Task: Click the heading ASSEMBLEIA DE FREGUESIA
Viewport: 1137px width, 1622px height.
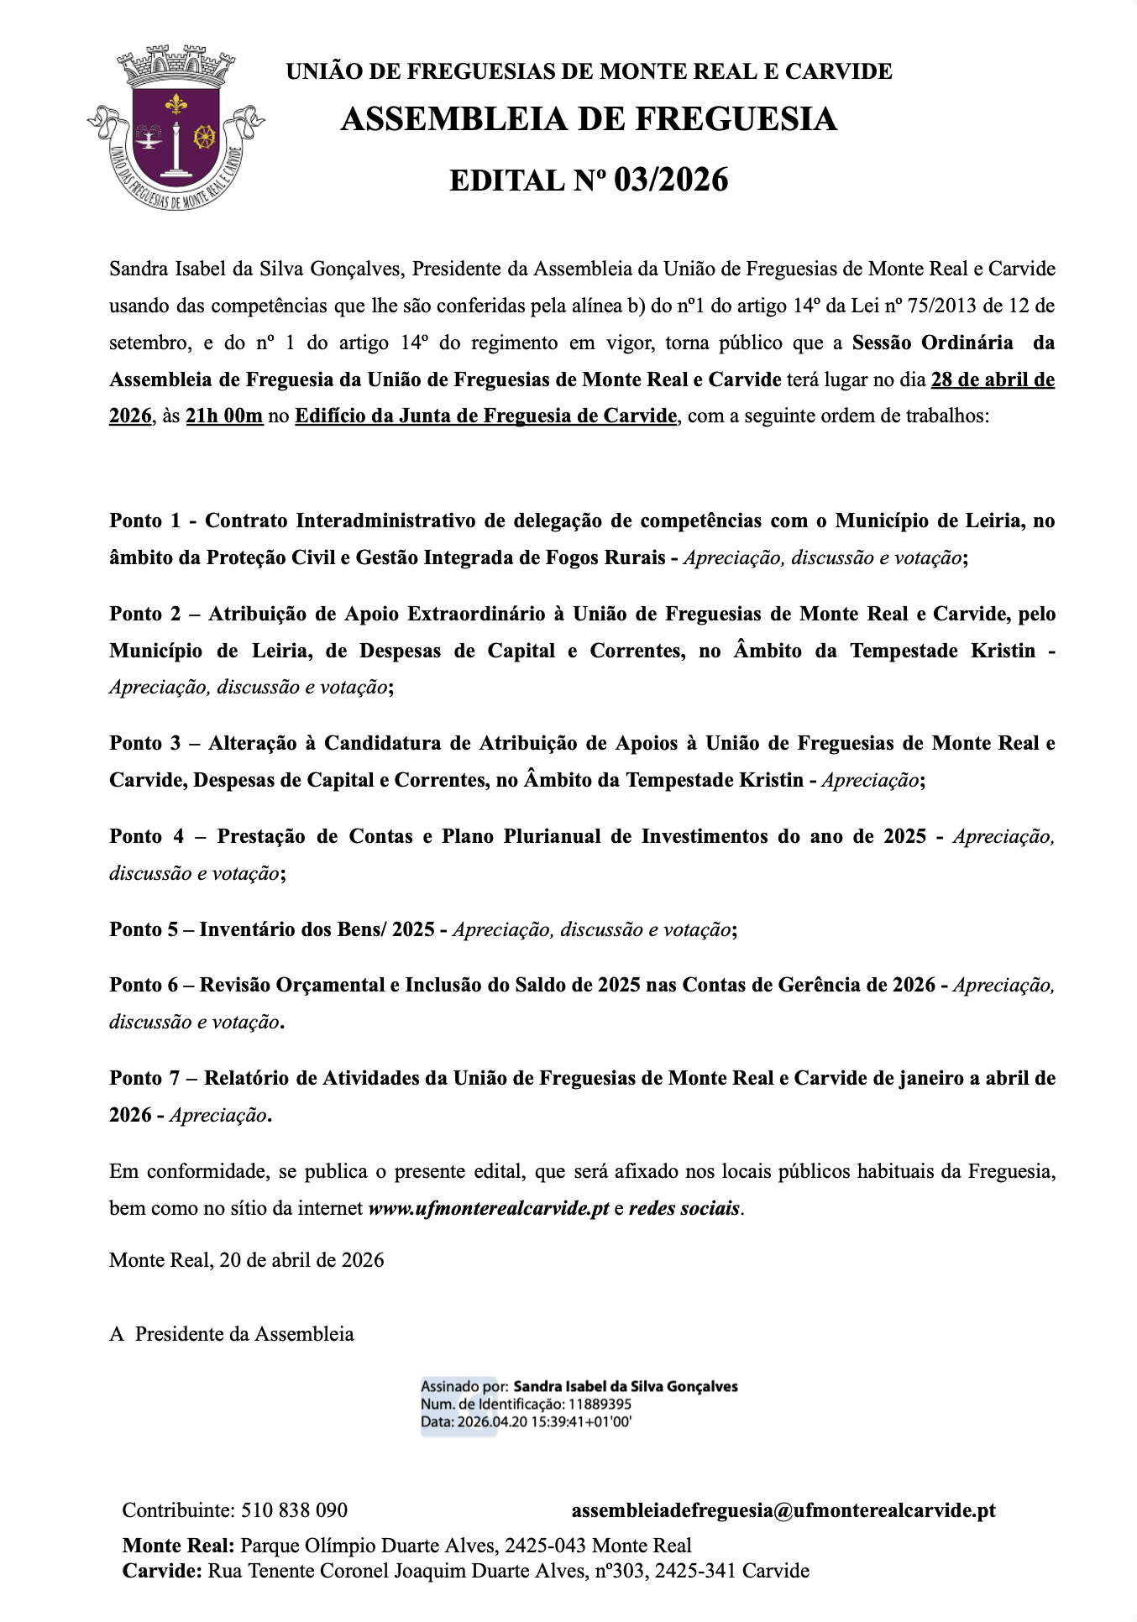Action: pyautogui.click(x=589, y=119)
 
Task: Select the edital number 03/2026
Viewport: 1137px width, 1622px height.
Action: pyautogui.click(x=671, y=181)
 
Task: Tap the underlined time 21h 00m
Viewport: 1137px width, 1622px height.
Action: pyautogui.click(x=224, y=416)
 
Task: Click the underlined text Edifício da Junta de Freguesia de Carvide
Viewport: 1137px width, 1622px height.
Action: pyautogui.click(x=485, y=416)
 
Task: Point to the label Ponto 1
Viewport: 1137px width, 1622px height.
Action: pyautogui.click(x=144, y=521)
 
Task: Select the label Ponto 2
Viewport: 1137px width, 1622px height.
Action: pyautogui.click(x=144, y=615)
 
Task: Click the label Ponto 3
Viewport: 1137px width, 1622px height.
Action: pyautogui.click(x=144, y=744)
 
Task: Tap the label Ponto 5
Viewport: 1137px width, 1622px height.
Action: pyautogui.click(x=144, y=930)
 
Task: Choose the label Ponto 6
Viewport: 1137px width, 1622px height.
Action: pyautogui.click(x=144, y=986)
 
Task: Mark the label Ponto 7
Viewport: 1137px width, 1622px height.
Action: pyautogui.click(x=144, y=1079)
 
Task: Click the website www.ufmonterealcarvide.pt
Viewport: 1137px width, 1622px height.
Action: pyautogui.click(x=489, y=1210)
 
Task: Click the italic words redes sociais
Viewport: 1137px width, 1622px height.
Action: pyautogui.click(x=684, y=1210)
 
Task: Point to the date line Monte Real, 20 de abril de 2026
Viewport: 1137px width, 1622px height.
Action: pyautogui.click(x=247, y=1261)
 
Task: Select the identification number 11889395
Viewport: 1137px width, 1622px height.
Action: pyautogui.click(x=600, y=1405)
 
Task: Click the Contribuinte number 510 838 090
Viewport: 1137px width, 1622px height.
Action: pyautogui.click(x=294, y=1511)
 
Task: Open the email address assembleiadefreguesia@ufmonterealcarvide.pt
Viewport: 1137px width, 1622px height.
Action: pyautogui.click(x=783, y=1511)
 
